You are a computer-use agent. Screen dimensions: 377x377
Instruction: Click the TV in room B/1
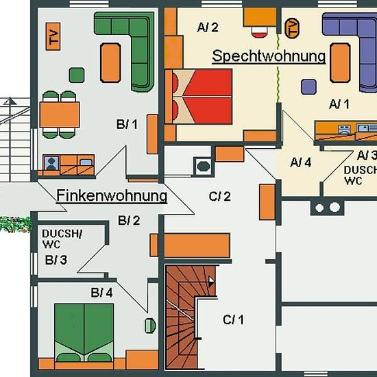point(53,36)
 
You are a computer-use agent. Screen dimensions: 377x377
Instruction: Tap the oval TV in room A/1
point(292,28)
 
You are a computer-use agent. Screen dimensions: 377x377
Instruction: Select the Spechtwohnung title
point(269,56)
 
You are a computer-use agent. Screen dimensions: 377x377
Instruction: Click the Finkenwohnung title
point(112,196)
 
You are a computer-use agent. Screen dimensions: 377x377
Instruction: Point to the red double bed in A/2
point(199,97)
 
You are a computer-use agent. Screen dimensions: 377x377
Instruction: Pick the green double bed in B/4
point(84,332)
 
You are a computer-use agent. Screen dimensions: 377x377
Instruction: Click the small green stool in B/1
point(77,75)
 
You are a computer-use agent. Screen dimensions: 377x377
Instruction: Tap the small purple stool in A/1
point(308,86)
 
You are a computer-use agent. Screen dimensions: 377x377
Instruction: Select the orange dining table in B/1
point(60,114)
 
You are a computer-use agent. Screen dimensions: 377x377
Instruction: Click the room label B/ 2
point(129,221)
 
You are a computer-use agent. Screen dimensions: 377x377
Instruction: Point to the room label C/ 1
point(233,320)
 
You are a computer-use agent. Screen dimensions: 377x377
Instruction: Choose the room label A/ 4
point(300,162)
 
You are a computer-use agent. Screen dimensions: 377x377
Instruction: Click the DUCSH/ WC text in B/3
point(62,239)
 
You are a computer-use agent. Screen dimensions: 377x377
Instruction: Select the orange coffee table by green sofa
point(110,63)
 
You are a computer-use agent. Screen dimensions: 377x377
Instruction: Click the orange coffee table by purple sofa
point(340,63)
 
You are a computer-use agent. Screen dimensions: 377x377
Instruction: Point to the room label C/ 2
point(220,197)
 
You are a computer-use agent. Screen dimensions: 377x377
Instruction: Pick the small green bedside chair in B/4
point(150,326)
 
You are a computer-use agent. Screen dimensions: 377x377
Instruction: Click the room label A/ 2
point(208,27)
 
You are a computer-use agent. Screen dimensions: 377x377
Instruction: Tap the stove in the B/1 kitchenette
point(51,162)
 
